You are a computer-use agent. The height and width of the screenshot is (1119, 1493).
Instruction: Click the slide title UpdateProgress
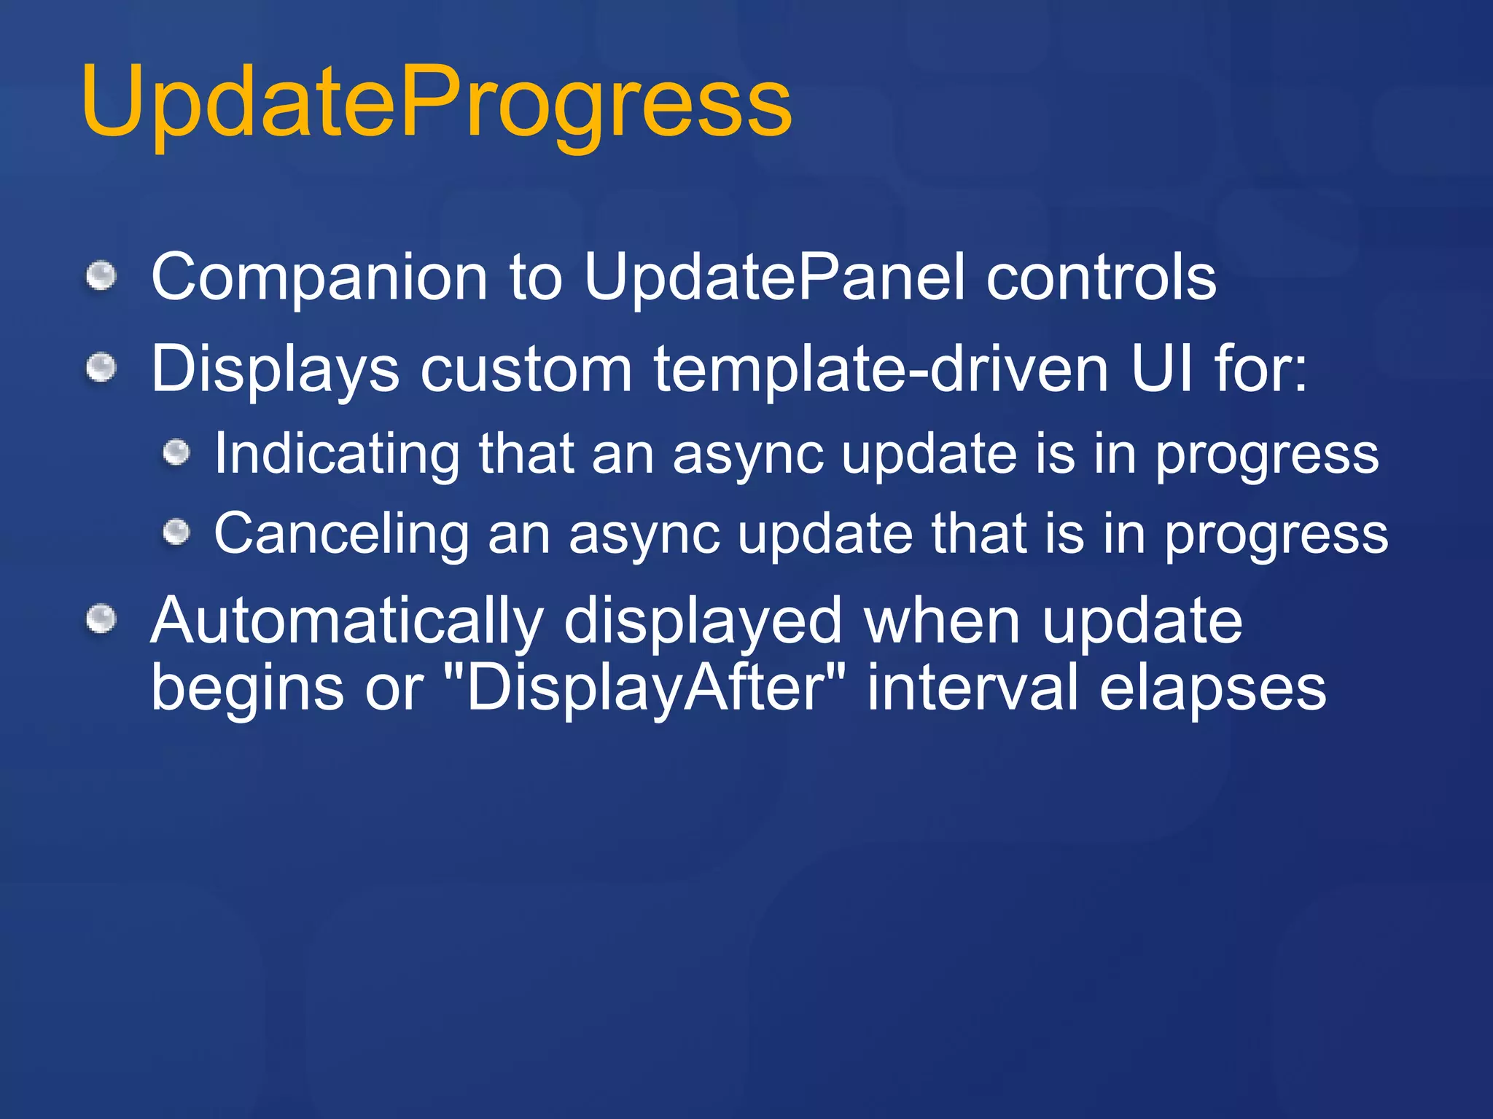[436, 102]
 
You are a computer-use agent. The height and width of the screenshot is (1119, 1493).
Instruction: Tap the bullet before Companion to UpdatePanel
[101, 277]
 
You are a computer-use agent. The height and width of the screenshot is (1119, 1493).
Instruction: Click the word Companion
[319, 277]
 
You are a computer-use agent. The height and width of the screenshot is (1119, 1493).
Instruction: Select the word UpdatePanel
[774, 277]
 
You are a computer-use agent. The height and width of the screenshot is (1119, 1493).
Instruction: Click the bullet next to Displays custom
[101, 367]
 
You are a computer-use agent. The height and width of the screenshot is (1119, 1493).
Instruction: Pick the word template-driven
[881, 369]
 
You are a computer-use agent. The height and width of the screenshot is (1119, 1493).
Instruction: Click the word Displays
[275, 369]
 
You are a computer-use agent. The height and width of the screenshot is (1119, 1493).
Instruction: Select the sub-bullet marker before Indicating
[176, 453]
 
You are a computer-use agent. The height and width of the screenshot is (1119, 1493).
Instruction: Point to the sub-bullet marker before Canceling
[176, 533]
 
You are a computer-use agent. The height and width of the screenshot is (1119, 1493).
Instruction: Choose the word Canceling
[341, 534]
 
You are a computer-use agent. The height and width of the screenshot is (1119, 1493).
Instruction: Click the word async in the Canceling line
[644, 535]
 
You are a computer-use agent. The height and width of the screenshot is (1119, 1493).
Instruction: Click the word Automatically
[346, 621]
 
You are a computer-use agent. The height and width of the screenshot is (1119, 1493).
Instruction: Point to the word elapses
[1212, 688]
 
